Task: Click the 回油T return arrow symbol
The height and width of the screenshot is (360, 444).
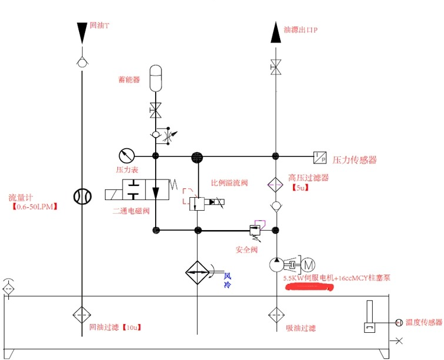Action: [82, 31]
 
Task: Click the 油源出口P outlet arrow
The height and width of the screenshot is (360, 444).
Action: [275, 33]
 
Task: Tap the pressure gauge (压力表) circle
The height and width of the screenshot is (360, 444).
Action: [126, 156]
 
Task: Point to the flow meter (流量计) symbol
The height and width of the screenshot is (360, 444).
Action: [82, 197]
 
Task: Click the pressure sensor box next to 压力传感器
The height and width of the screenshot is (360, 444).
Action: [320, 156]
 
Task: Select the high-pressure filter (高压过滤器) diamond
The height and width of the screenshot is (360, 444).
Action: [275, 184]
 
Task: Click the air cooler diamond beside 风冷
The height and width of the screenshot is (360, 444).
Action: [197, 273]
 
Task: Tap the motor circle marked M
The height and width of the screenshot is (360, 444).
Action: [310, 264]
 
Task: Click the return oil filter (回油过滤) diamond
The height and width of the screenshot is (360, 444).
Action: [82, 315]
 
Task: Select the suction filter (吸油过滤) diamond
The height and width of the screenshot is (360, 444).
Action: [275, 315]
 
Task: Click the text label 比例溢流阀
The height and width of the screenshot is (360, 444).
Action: [229, 183]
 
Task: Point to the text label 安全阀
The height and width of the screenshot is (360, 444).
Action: [246, 250]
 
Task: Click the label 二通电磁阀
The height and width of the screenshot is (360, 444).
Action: [133, 210]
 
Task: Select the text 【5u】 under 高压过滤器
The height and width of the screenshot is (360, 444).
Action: [301, 188]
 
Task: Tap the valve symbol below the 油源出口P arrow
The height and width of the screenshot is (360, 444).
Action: [275, 67]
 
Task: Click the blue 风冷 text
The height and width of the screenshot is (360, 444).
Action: [228, 279]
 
